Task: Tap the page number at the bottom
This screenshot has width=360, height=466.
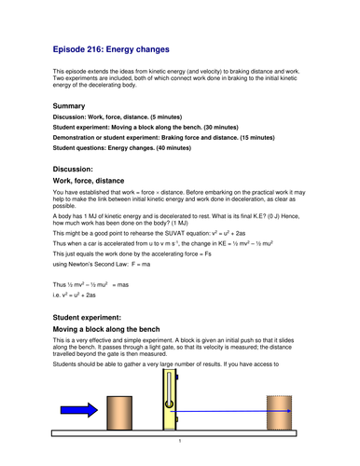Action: (x=180, y=442)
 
